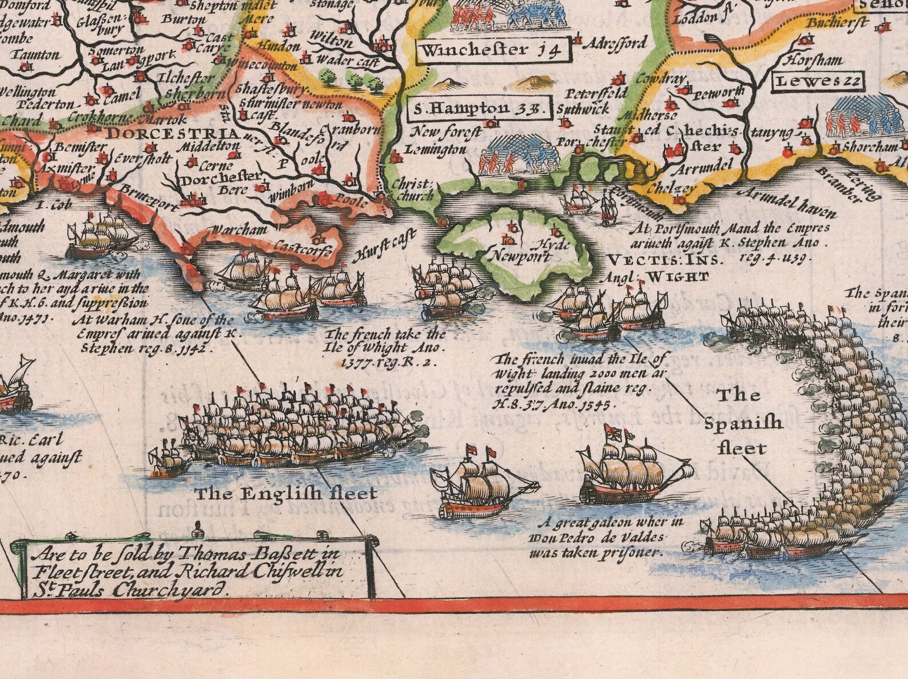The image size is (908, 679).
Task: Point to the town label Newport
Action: [515, 256]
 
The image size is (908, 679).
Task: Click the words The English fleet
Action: [286, 493]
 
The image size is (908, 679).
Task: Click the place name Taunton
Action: [38, 55]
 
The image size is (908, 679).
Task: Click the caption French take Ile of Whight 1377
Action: [385, 347]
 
